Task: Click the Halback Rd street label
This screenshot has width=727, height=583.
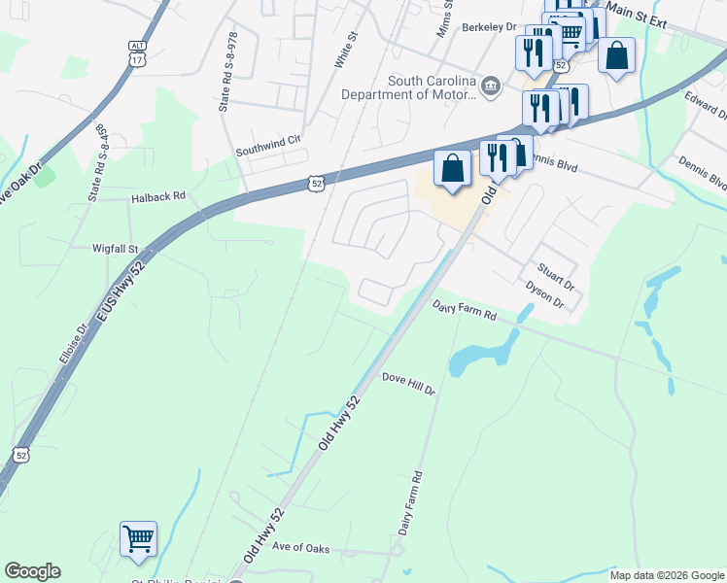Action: [157, 196]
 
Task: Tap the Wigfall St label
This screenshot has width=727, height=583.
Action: [117, 249]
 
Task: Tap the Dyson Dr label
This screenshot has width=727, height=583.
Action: [545, 294]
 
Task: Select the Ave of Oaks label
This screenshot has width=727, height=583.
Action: [300, 549]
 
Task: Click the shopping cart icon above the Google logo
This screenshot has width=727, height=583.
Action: [138, 537]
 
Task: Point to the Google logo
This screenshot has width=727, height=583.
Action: [32, 571]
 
